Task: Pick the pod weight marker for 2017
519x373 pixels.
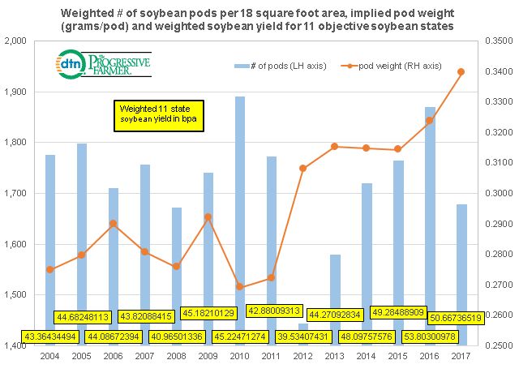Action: click(461, 71)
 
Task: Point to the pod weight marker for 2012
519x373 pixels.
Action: click(303, 168)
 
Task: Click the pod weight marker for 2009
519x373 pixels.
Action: click(208, 217)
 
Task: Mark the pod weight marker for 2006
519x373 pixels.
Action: click(114, 223)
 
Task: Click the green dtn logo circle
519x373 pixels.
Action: click(70, 62)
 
